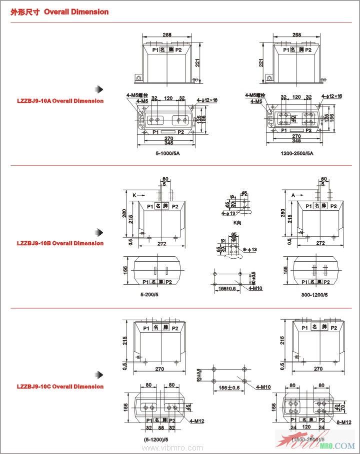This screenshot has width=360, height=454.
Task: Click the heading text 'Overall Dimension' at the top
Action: (x=76, y=11)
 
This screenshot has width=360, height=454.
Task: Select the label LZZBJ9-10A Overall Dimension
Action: (x=60, y=101)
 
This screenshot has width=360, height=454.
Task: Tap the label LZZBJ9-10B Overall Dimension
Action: (x=60, y=243)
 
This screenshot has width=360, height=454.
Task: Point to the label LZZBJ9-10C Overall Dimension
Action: (x=60, y=386)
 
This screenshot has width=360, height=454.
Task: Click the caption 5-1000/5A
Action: (x=167, y=153)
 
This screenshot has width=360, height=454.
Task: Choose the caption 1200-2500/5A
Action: (x=297, y=153)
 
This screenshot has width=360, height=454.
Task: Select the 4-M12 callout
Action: (x=197, y=421)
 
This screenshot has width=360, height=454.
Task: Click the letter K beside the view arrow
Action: (x=133, y=195)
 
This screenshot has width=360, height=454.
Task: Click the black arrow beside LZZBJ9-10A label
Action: (x=100, y=89)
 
